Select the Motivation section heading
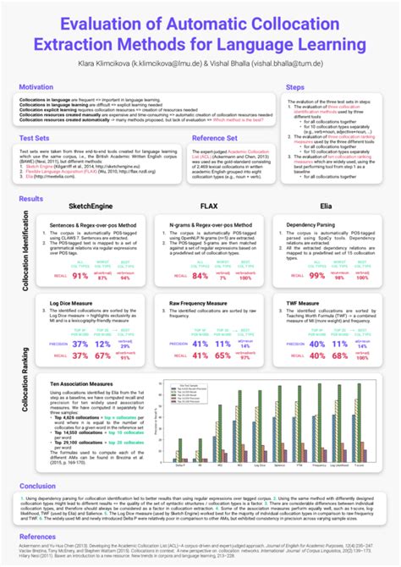[38, 86]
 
